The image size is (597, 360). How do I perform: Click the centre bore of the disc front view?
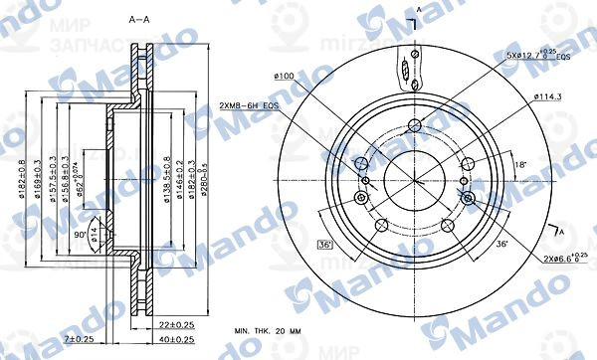pyautogui.click(x=414, y=180)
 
